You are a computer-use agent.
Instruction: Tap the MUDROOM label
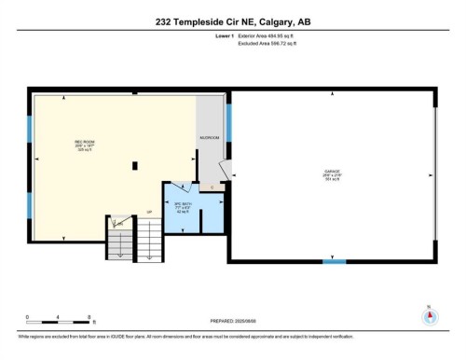210,138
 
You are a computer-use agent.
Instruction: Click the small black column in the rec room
135,166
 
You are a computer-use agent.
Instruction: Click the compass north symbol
429,316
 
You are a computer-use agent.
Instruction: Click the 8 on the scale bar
89,317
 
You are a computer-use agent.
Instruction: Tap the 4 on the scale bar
58,317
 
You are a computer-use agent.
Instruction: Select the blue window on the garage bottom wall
334,262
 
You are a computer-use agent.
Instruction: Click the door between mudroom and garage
225,170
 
